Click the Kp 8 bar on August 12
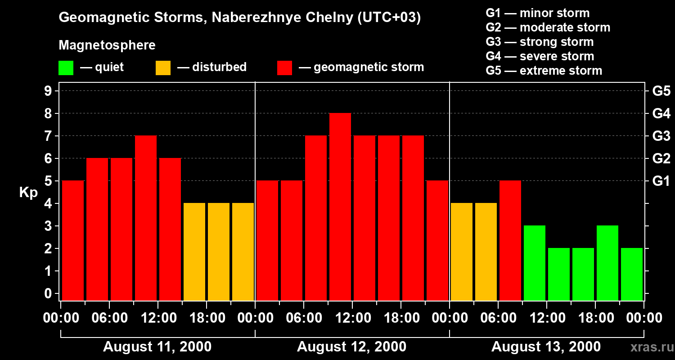tap(340, 207)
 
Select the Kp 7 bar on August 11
tap(146, 218)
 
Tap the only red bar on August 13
tap(510, 240)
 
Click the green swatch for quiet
tap(66, 68)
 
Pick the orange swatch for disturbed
tap(163, 68)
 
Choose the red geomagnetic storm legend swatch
tap(284, 68)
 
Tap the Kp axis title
tap(28, 193)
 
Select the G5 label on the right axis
tap(661, 91)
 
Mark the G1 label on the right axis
tap(661, 181)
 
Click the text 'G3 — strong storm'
tap(540, 42)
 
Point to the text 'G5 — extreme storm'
tap(544, 71)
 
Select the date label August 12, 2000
tap(351, 347)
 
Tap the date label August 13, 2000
tap(546, 347)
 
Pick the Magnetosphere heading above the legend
tap(107, 45)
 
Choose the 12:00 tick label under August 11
tap(158, 318)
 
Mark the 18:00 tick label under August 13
tap(595, 318)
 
